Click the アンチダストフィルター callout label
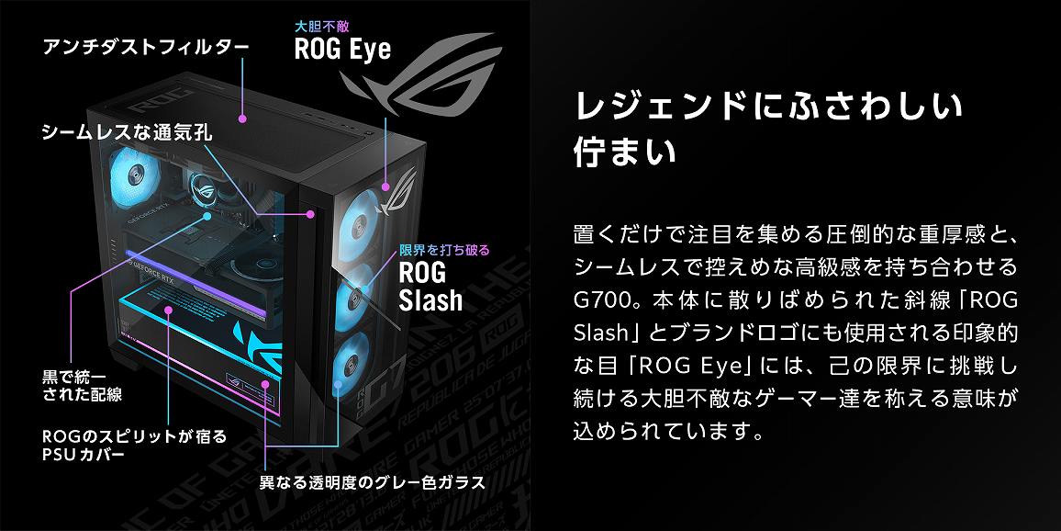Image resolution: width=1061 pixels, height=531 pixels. (x=132, y=47)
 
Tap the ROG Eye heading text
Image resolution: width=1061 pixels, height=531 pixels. (x=342, y=49)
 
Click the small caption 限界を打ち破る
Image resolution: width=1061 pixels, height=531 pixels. (x=444, y=250)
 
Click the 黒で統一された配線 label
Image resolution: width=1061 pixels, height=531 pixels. (x=83, y=386)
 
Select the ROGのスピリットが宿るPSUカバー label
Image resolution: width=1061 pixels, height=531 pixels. (x=134, y=445)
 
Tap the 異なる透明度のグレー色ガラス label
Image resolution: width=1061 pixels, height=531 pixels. (x=372, y=482)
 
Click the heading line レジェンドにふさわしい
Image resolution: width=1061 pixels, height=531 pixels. (x=767, y=106)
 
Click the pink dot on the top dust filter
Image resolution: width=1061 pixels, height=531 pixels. (x=242, y=119)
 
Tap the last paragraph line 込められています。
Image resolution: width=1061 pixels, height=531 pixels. (x=667, y=431)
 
